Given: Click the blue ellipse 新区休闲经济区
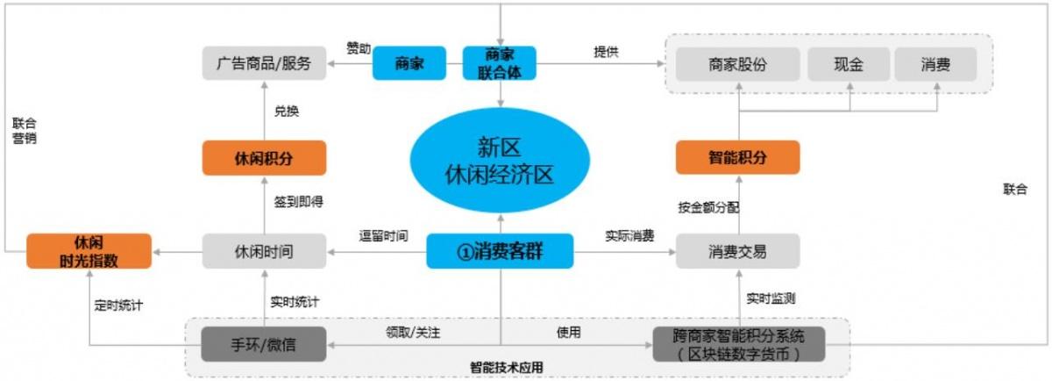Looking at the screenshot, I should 499,162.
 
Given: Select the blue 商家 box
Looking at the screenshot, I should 409,63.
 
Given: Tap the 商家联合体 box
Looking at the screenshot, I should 500,63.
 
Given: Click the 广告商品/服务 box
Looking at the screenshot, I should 263,63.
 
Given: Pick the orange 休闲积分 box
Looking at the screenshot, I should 264,158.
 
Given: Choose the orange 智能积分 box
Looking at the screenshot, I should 737,158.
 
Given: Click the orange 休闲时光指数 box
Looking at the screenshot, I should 89,250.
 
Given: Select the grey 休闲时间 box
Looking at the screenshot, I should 264,251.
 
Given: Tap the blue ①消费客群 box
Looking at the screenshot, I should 500,251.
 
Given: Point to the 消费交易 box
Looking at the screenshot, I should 737,251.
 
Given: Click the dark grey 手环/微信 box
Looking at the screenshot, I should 264,344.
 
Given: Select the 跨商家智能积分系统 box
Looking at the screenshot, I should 738,344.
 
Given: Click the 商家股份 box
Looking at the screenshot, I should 737,64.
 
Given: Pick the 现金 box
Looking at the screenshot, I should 848,64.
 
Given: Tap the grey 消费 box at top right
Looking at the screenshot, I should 935,64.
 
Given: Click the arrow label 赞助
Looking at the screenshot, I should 358,47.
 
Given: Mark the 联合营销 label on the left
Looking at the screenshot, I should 25,131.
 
